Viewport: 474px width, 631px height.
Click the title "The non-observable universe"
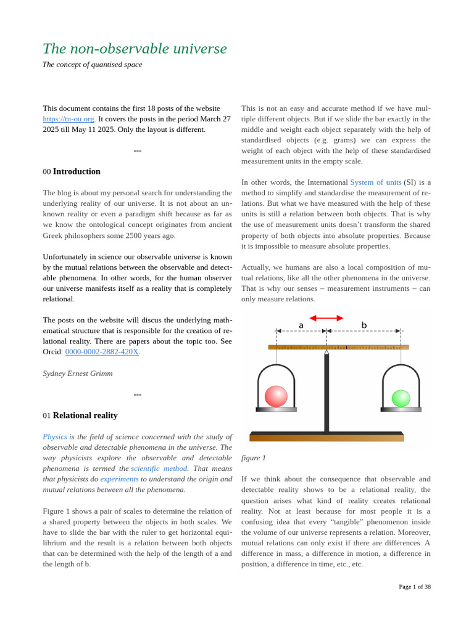(x=135, y=49)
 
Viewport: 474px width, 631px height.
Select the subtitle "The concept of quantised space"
(x=92, y=65)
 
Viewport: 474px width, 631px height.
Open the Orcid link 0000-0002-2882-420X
(x=102, y=352)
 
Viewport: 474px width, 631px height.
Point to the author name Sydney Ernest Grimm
(x=78, y=373)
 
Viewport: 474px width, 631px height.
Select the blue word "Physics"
(x=55, y=437)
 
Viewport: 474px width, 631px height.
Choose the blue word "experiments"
(x=119, y=479)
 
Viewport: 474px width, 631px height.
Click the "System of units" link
(x=375, y=182)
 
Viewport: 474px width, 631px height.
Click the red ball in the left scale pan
(x=276, y=396)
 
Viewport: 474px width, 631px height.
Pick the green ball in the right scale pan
(x=401, y=398)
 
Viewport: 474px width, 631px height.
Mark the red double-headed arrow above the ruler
(x=326, y=318)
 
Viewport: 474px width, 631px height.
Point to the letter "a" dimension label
(x=301, y=325)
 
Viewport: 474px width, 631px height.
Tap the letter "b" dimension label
(x=364, y=325)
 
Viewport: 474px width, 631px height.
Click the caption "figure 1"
(x=254, y=458)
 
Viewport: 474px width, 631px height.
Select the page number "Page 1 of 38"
(x=415, y=587)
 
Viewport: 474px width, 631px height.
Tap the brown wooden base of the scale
(x=326, y=438)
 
